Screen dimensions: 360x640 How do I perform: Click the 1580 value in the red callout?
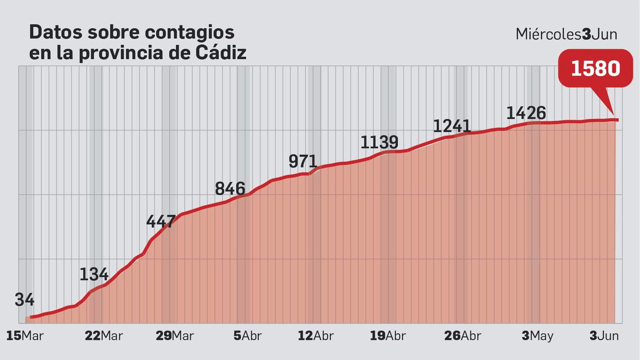coord(595,68)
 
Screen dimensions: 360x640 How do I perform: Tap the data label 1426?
coord(526,113)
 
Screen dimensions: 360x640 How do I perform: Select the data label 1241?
coord(452,126)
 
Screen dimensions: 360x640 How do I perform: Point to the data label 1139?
coord(379,142)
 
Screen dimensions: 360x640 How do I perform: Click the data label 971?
coord(303,162)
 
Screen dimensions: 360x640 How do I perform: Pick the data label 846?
coord(230,189)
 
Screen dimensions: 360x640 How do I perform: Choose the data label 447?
coord(161,222)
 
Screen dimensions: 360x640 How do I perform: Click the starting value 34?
coord(24,300)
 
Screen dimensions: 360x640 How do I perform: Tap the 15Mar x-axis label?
coord(25,336)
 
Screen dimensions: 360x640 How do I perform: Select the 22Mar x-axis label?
coord(104,336)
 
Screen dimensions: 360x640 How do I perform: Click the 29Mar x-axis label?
coord(175,336)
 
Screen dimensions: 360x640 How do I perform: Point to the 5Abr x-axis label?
coord(247,336)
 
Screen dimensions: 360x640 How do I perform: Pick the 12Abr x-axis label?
coord(316,336)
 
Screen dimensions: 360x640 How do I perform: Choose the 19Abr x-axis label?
coord(388,336)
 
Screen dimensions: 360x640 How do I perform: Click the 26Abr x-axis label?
coord(462,336)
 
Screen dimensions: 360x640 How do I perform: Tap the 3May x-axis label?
coord(537,336)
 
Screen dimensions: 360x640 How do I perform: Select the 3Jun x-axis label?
coord(604,336)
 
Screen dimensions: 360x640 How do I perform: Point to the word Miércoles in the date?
coord(548,34)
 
